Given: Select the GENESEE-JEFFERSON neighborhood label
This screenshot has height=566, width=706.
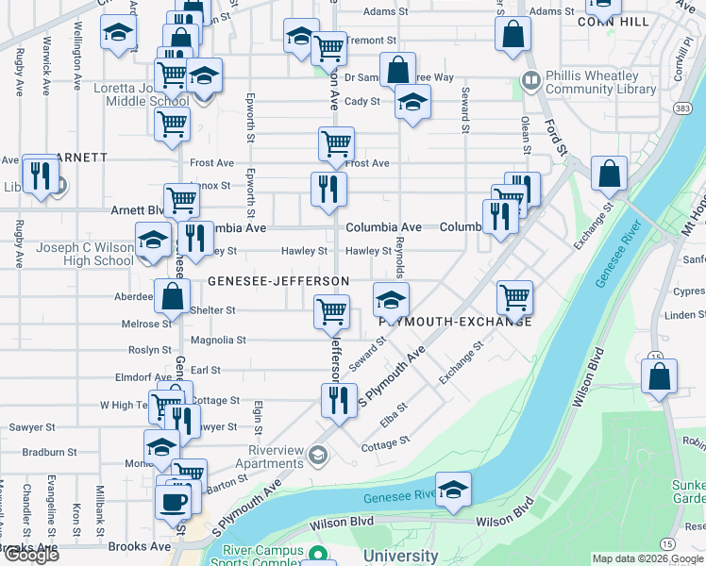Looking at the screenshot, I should pyautogui.click(x=278, y=281).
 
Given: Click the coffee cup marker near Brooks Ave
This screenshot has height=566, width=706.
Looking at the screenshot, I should pyautogui.click(x=173, y=501).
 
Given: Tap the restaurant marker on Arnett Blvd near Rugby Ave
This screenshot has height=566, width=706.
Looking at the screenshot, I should pyautogui.click(x=40, y=176).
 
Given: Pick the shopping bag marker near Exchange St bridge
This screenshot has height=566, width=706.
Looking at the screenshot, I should pyautogui.click(x=610, y=175).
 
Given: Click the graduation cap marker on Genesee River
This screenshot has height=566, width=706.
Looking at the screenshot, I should pyautogui.click(x=454, y=491).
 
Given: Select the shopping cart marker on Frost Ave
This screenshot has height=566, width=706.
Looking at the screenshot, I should pyautogui.click(x=336, y=144).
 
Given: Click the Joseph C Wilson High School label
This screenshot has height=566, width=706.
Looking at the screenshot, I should pyautogui.click(x=85, y=255).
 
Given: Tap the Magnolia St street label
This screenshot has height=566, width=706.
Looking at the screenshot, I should pyautogui.click(x=218, y=340).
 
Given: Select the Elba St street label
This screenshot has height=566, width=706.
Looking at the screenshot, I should pyautogui.click(x=395, y=412).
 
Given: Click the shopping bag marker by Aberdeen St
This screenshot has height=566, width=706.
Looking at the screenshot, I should pyautogui.click(x=174, y=296).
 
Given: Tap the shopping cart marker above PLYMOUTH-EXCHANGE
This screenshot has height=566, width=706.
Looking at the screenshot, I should pyautogui.click(x=514, y=297).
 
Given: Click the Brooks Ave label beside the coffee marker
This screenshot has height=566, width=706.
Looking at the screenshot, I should pyautogui.click(x=139, y=546).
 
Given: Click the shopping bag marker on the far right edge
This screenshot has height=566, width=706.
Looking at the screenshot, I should pyautogui.click(x=659, y=376).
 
